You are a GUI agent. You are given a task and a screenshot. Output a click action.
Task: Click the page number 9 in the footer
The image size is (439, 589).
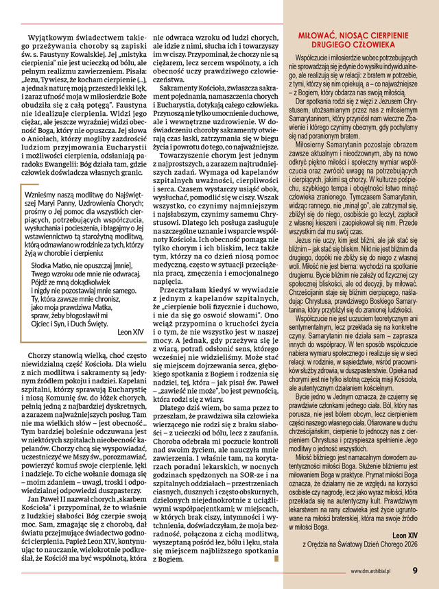point(416,568)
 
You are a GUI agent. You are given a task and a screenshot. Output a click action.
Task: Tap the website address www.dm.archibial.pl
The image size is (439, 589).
point(375,569)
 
